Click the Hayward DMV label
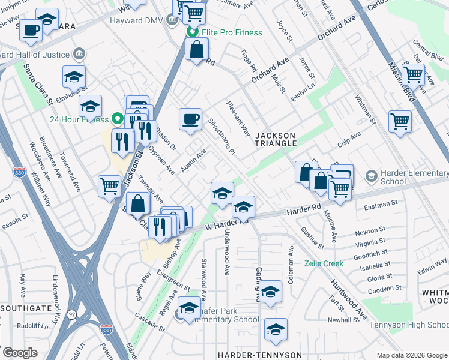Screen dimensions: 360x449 click(x=139, y=20)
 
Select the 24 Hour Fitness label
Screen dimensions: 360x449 click(x=80, y=117)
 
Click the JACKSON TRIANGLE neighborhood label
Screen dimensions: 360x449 click(x=276, y=139)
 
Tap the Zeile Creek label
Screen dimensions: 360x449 click(x=324, y=263)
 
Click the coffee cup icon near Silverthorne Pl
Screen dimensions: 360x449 click(x=191, y=119)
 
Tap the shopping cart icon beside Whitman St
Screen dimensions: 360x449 click(x=400, y=122)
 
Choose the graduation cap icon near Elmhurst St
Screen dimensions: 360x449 click(x=74, y=77)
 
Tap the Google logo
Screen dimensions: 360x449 click(x=20, y=352)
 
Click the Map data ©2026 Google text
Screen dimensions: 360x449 click(x=411, y=355)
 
